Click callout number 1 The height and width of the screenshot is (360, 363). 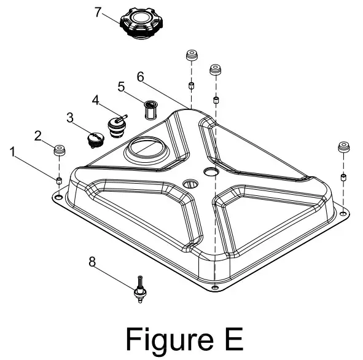click(14, 150)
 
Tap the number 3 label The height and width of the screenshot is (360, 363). click(70, 117)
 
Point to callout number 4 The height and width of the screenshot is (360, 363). click(96, 100)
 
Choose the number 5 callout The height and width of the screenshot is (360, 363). click(122, 87)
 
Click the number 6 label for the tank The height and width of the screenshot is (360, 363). click(140, 77)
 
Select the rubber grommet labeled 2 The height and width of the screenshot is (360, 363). click(60, 151)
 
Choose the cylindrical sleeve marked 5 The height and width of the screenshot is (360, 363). click(149, 111)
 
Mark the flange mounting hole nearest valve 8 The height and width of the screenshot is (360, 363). click(214, 289)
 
